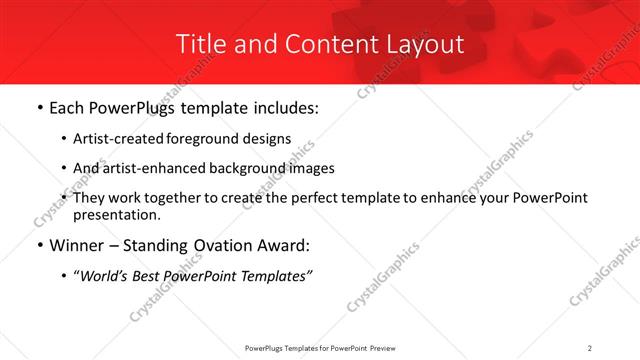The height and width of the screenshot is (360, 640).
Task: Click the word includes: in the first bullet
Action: (283, 108)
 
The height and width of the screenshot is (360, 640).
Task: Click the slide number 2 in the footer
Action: (589, 347)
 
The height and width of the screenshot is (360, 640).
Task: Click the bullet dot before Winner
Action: (38, 246)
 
